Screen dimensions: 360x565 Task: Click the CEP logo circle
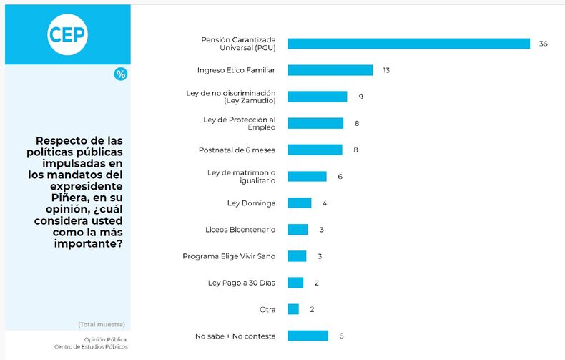[68, 34]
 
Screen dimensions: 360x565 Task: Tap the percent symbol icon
[121, 74]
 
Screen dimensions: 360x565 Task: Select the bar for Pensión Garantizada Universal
[408, 44]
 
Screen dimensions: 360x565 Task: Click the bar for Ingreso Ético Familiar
[330, 70]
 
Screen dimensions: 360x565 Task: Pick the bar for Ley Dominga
[299, 203]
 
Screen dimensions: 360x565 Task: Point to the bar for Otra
[293, 309]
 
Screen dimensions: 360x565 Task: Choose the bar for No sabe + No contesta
[308, 336]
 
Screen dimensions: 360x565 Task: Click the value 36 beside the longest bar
[544, 44]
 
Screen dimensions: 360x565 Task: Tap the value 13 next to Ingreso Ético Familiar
[385, 70]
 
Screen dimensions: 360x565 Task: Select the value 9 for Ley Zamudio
[361, 97]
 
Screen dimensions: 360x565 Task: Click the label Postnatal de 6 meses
[237, 150]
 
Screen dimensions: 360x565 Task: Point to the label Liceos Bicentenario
[240, 230]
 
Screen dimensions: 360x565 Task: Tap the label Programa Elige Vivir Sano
[229, 256]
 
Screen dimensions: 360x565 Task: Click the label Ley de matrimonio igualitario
[241, 177]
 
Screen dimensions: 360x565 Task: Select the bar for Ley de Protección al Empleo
[315, 123]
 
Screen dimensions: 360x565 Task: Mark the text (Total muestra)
[102, 324]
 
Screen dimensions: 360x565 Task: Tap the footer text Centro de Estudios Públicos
[91, 347]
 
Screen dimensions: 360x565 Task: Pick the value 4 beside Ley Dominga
[325, 203]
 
